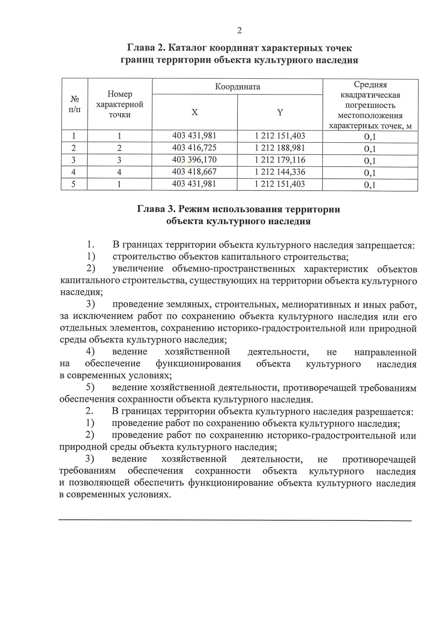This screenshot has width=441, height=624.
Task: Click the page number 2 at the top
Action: [239, 31]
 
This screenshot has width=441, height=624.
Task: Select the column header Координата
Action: [237, 87]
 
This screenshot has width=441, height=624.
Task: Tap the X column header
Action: [194, 113]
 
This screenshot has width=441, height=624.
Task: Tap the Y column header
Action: [280, 113]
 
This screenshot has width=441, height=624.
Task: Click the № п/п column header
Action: [75, 104]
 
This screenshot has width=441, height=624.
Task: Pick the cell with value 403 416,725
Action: [194, 148]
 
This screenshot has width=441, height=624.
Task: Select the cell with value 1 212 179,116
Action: [280, 160]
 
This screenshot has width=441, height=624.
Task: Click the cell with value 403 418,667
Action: [194, 172]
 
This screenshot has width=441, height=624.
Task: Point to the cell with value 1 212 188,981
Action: [280, 148]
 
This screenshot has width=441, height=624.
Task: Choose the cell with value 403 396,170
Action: [194, 160]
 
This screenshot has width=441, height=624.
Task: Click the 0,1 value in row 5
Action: [370, 185]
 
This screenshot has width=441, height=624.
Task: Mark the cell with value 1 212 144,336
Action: [280, 172]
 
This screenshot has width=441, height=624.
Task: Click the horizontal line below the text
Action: [235, 520]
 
